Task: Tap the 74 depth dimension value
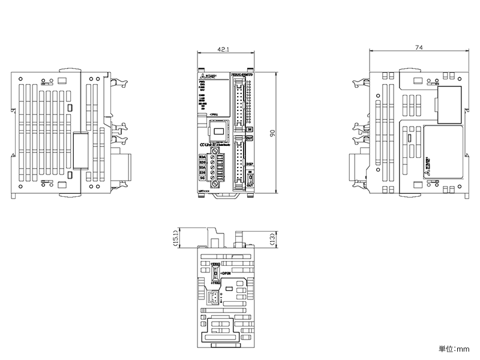tap(418, 47)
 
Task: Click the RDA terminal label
tap(202, 157)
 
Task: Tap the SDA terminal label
tap(202, 168)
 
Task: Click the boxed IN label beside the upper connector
tap(249, 129)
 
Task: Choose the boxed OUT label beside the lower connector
tap(249, 138)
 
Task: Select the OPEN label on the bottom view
tap(226, 273)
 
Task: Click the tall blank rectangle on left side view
tap(79, 150)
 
